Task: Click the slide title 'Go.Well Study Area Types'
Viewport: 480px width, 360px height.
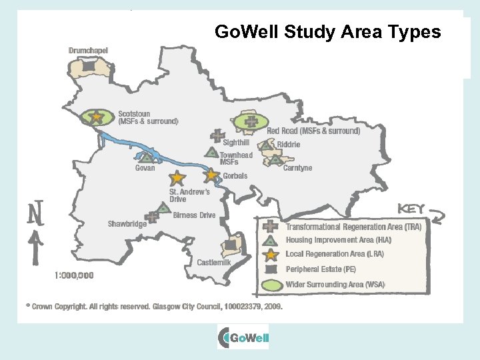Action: (x=327, y=31)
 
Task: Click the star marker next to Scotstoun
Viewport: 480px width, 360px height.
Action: (x=97, y=117)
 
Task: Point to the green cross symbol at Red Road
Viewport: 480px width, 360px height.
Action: (x=251, y=121)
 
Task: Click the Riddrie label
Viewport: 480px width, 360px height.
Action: (x=288, y=145)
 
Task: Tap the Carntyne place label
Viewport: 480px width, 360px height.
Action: (x=297, y=168)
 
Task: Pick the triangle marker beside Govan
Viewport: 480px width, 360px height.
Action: (x=146, y=158)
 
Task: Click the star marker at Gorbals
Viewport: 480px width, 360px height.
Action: (x=211, y=175)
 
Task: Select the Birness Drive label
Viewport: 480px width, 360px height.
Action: (x=194, y=215)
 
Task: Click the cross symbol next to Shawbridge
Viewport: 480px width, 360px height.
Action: (x=153, y=216)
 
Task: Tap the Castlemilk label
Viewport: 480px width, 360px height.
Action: (x=213, y=263)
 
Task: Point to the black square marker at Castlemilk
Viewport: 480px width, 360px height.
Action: (x=231, y=245)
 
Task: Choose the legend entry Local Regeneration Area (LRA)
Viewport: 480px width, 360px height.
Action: (x=335, y=254)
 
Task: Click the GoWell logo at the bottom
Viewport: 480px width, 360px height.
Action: (x=243, y=337)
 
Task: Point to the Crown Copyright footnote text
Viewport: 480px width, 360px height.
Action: (x=153, y=307)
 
